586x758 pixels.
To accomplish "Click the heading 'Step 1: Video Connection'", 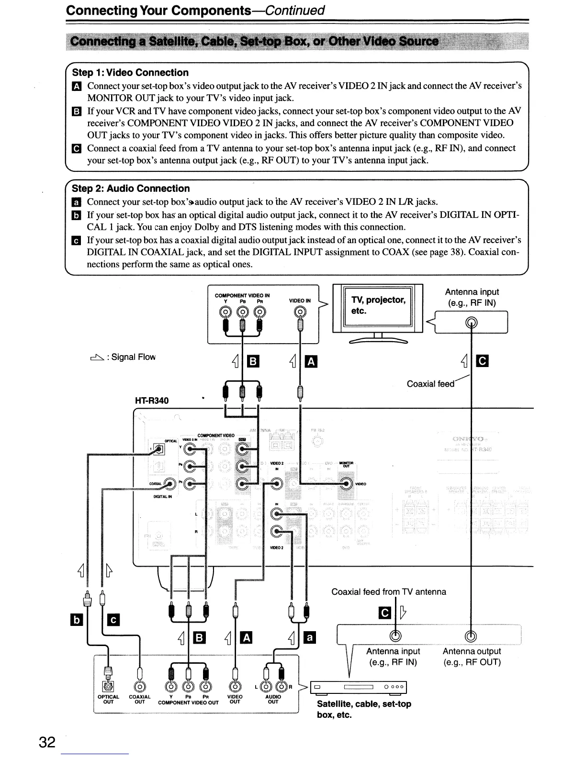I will click(x=130, y=73).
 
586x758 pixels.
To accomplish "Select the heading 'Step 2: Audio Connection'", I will click(x=131, y=189).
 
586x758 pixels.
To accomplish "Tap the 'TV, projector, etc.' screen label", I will click(x=378, y=305).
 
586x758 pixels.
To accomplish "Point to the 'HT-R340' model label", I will click(x=152, y=401).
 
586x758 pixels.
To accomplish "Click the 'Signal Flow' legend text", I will click(x=134, y=357).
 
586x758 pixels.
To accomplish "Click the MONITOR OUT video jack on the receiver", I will click(x=346, y=483).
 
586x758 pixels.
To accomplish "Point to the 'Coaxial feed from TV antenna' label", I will click(x=388, y=592).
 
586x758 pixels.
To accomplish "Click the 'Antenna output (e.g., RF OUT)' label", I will click(x=472, y=657).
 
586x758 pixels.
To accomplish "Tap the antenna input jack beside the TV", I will click(x=472, y=322).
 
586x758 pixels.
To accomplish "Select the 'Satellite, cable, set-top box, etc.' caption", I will click(x=364, y=709).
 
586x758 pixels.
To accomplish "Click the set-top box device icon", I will click(x=359, y=687).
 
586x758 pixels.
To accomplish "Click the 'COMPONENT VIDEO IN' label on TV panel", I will click(x=242, y=295).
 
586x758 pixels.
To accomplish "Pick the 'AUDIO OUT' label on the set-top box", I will click(x=272, y=699).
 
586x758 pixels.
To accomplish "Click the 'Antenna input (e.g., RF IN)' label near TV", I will click(x=472, y=297).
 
